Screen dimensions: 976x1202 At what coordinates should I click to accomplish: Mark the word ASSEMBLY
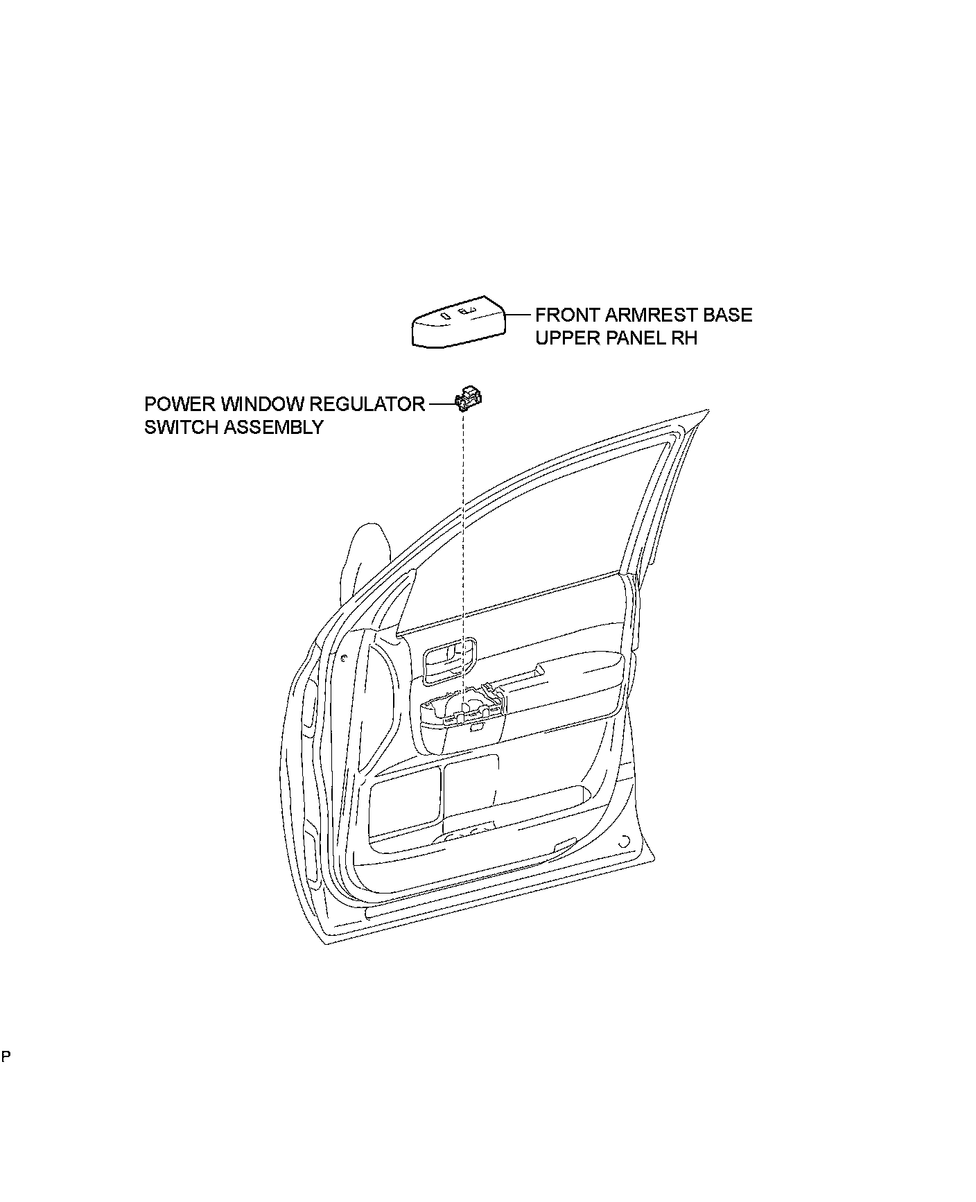point(274,427)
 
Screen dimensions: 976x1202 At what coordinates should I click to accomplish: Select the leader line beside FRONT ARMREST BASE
point(518,315)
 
